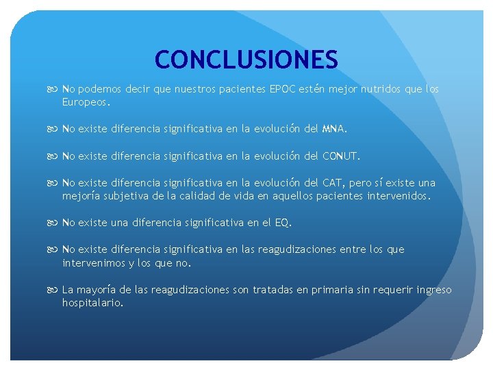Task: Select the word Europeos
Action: [x=86, y=102]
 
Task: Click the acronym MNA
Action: [x=333, y=128]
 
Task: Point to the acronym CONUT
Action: [x=340, y=156]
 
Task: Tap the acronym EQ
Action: [x=281, y=223]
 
